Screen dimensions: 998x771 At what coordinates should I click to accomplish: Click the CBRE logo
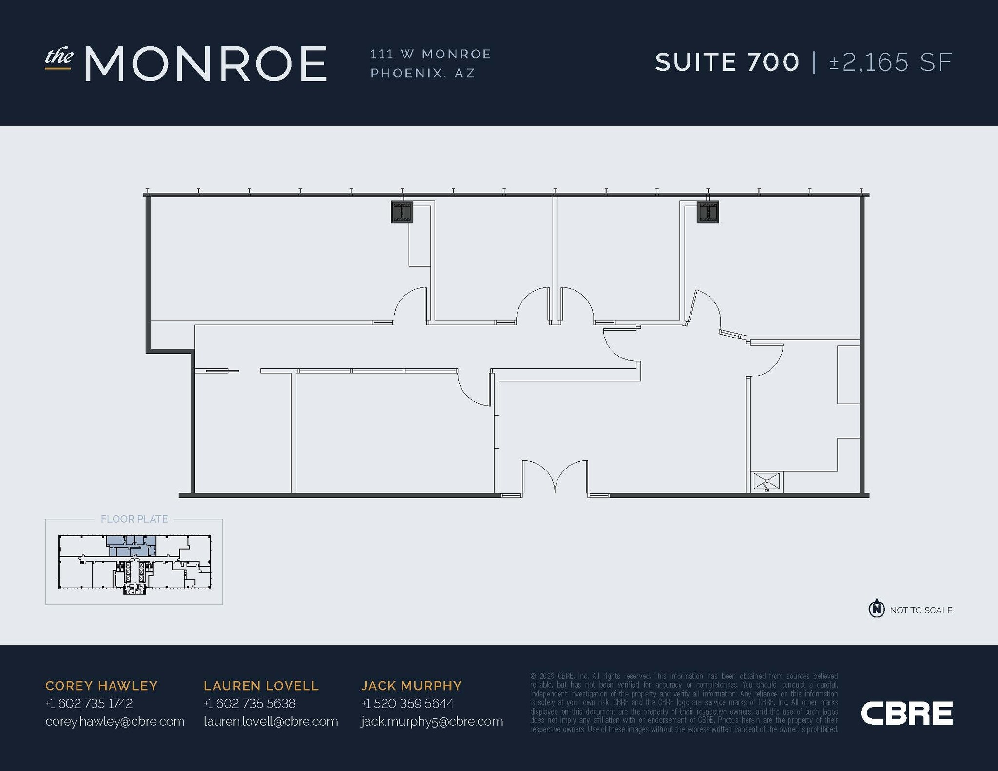(x=906, y=713)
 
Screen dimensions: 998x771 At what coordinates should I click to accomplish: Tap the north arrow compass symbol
(x=877, y=609)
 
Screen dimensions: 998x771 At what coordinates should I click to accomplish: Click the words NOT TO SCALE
(x=921, y=610)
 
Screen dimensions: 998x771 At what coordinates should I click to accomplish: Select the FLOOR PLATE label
(x=134, y=519)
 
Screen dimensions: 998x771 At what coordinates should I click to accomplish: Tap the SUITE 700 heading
(x=727, y=62)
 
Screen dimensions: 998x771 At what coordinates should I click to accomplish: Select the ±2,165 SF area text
(x=891, y=62)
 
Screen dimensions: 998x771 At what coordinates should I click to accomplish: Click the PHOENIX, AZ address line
(x=422, y=73)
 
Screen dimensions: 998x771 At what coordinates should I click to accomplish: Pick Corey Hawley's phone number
(x=89, y=703)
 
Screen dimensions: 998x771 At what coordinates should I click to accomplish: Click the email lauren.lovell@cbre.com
(x=270, y=721)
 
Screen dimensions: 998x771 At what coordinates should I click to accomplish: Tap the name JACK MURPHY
(x=411, y=686)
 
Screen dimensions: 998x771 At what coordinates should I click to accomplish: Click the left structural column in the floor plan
(x=402, y=212)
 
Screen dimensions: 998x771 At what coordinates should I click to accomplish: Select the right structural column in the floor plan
(x=708, y=212)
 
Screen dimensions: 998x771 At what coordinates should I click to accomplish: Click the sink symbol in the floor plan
(x=767, y=481)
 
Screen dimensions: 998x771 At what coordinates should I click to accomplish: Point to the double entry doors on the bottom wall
(x=555, y=477)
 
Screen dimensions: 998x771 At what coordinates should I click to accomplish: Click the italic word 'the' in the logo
(x=59, y=57)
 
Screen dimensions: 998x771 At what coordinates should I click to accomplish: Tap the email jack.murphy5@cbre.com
(x=432, y=722)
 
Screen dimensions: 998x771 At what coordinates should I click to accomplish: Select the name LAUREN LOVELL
(x=261, y=686)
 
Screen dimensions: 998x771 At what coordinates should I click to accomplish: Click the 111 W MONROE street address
(x=431, y=54)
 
